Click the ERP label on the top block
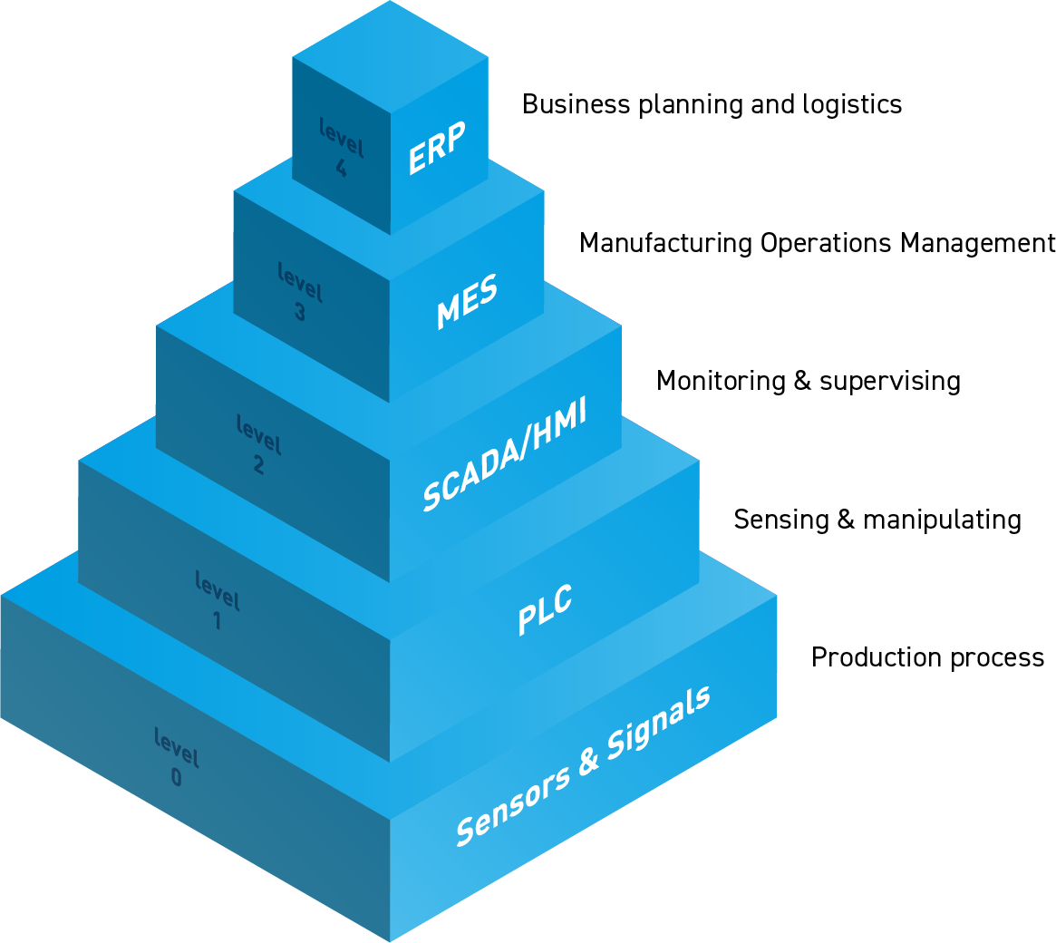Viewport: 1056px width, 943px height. coord(436,148)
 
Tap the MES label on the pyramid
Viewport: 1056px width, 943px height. coord(467,301)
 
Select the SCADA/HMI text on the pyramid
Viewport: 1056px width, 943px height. coord(504,453)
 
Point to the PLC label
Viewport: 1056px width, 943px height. coord(545,609)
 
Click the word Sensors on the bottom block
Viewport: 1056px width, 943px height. coord(513,806)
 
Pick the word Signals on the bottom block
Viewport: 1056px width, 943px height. coord(659,724)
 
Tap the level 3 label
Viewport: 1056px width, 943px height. coord(300,291)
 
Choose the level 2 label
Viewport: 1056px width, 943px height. coord(258,444)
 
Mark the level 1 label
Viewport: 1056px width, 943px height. coord(218,599)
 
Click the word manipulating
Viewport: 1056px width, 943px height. coord(942,520)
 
